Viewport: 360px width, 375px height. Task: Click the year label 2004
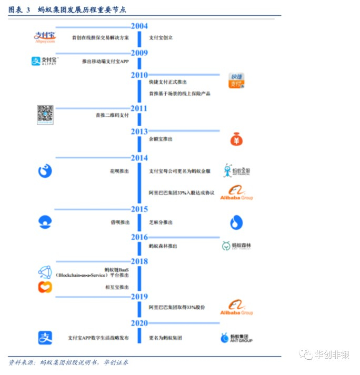[139, 26]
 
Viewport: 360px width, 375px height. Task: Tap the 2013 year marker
[139, 131]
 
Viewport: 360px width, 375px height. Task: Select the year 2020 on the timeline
[139, 323]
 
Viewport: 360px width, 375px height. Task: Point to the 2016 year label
[139, 237]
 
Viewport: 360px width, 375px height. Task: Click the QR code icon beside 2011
[45, 114]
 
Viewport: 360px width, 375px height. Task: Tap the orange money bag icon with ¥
[236, 139]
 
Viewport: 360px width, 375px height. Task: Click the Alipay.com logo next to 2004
[45, 37]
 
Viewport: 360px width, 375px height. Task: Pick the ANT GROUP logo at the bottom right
[236, 338]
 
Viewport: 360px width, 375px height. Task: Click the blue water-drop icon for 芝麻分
[236, 222]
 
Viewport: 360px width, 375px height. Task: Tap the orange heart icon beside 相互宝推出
[45, 287]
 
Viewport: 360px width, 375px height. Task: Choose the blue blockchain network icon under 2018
[45, 272]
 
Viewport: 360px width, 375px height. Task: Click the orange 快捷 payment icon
[236, 82]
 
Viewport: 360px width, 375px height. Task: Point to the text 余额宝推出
[161, 139]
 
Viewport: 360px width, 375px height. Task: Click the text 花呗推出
[117, 171]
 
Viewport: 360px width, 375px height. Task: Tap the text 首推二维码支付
[112, 115]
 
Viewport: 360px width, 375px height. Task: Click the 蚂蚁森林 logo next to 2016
[236, 246]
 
